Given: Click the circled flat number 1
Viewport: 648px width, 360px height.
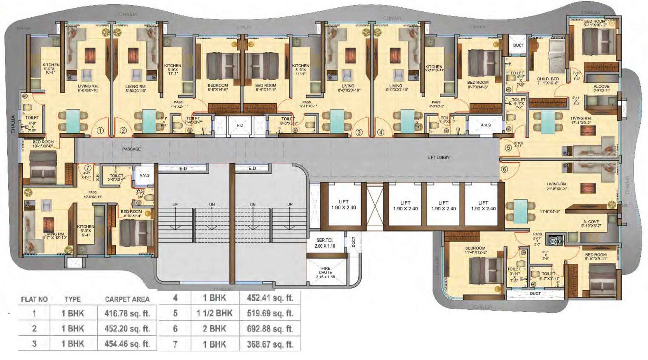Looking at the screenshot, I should click(x=100, y=131).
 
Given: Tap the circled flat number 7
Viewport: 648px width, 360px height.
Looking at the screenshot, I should click(x=87, y=168).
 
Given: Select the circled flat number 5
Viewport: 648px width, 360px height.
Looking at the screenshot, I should click(x=508, y=148).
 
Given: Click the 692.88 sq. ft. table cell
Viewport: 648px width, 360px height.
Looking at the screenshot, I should click(x=270, y=329).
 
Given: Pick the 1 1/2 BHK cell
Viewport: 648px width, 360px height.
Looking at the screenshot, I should click(x=215, y=313).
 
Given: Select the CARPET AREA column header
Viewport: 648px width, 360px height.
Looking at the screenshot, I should click(x=127, y=300).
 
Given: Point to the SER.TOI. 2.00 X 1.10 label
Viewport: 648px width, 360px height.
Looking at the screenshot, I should click(x=325, y=243).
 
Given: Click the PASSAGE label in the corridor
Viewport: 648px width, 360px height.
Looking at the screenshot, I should click(x=132, y=149).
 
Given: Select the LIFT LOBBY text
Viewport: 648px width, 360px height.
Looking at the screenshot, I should click(x=439, y=157).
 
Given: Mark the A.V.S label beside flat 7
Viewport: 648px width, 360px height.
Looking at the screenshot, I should click(x=145, y=175).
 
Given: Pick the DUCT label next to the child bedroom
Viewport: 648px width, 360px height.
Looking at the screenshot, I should click(x=518, y=45).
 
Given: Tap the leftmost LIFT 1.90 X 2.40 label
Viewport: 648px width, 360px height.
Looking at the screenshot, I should click(x=343, y=204).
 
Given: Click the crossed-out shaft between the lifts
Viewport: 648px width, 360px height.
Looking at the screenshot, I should click(x=375, y=207).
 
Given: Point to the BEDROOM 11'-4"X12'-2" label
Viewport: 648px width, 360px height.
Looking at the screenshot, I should click(x=475, y=250).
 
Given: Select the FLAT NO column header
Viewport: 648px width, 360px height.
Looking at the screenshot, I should click(x=34, y=300).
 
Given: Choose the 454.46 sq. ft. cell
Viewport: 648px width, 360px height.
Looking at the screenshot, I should click(x=127, y=344).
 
